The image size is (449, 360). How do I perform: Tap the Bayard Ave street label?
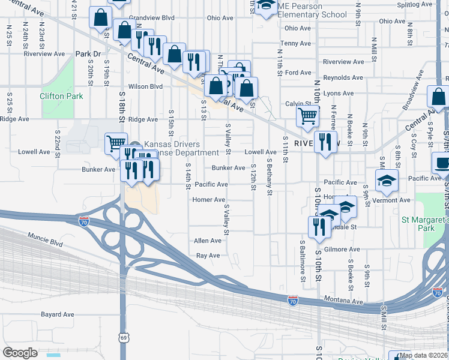58,314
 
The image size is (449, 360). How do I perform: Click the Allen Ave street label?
208,241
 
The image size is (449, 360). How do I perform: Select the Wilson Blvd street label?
145,86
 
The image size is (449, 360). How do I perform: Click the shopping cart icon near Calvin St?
307,116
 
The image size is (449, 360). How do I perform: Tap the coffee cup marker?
443,163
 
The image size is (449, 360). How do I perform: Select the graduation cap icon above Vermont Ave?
387,179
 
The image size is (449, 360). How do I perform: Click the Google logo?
20,353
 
